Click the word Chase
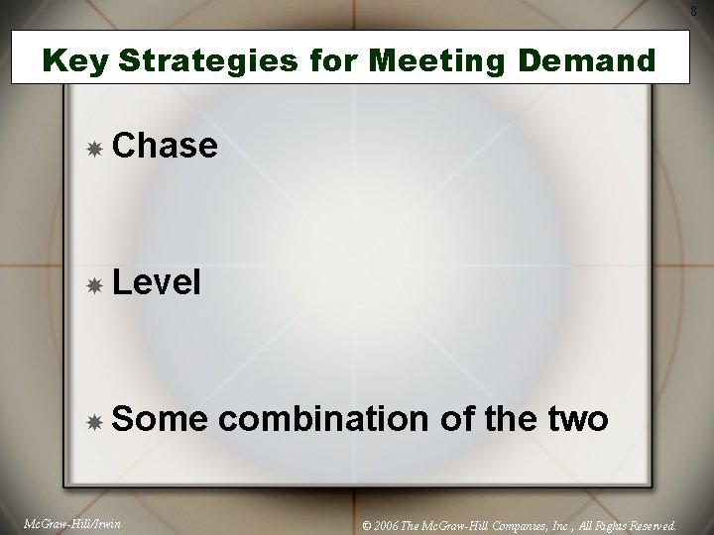(x=165, y=146)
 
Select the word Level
(x=157, y=283)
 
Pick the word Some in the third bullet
(x=160, y=419)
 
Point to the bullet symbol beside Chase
(x=94, y=149)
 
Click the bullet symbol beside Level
(x=94, y=285)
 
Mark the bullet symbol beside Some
(x=94, y=422)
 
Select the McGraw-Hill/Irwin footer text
(x=71, y=524)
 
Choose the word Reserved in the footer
(x=651, y=525)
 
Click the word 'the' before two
(x=510, y=419)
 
